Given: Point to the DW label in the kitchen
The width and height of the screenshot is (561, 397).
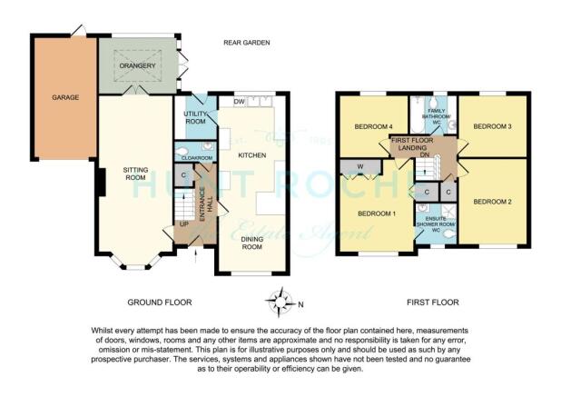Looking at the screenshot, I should click(239, 101).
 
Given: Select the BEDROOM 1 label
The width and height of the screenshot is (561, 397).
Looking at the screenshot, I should click(375, 213).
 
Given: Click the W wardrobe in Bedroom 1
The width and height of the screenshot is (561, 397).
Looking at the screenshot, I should click(359, 166).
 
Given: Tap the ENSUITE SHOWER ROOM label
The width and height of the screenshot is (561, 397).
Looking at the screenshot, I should click(434, 223).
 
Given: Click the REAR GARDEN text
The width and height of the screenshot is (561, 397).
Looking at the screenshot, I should click(248, 43).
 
